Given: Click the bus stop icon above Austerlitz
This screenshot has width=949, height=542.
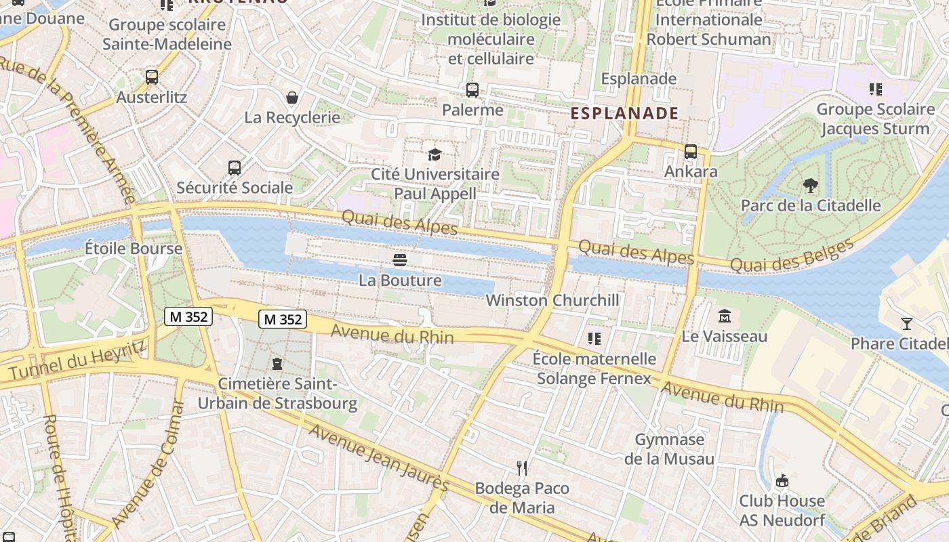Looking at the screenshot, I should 152,77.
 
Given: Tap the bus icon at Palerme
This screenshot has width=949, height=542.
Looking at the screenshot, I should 472,89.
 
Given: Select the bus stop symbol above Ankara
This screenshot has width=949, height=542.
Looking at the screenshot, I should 691,151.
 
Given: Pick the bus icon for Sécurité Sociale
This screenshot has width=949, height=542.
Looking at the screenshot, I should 235,167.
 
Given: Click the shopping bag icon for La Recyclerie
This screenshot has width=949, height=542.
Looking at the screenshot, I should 292,98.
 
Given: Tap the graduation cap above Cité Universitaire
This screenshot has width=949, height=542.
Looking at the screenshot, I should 435,154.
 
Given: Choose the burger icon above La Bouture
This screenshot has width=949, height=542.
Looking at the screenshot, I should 400,259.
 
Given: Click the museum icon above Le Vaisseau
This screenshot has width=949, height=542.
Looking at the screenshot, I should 725,316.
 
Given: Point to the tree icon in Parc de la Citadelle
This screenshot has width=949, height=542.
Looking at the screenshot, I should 810,185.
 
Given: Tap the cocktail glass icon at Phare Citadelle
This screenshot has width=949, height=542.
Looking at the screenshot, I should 907,323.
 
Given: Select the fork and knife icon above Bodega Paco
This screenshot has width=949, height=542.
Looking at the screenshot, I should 522,467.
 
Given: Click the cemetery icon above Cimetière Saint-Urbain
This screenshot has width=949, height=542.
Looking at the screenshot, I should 277,364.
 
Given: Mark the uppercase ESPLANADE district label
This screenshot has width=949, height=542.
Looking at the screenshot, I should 624,113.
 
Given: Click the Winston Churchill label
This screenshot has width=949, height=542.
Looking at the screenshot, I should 552,300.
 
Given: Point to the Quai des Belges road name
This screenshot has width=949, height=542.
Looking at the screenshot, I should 792,256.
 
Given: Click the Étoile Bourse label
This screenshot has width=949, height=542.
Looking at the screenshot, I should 134,249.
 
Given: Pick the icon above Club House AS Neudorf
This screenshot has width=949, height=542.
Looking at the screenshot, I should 782,480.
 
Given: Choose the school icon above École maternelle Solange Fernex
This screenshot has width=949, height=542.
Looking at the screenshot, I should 594,338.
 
